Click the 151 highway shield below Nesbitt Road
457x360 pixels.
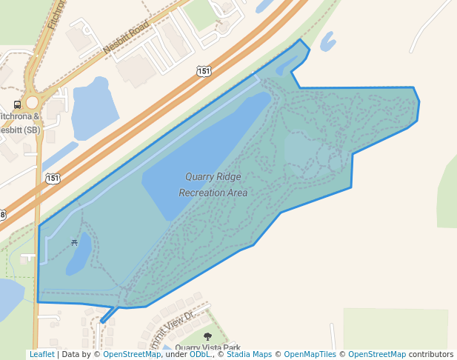tap(204, 71)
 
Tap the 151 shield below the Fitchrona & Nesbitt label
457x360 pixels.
tap(52, 178)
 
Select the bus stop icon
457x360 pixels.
tap(17, 104)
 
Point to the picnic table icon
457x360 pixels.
tap(74, 242)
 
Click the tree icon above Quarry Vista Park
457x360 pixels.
tap(207, 337)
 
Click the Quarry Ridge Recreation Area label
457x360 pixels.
tap(213, 184)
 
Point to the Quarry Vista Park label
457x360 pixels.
tap(209, 348)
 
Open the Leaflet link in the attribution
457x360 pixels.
tap(41, 355)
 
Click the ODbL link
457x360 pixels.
tap(199, 355)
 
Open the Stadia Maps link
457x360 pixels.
tap(249, 355)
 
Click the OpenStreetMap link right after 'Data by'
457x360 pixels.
tap(132, 355)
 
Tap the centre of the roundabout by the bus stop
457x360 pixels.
tap(31, 103)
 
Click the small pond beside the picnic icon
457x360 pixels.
tap(79, 253)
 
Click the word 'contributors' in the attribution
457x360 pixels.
tap(431, 355)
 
